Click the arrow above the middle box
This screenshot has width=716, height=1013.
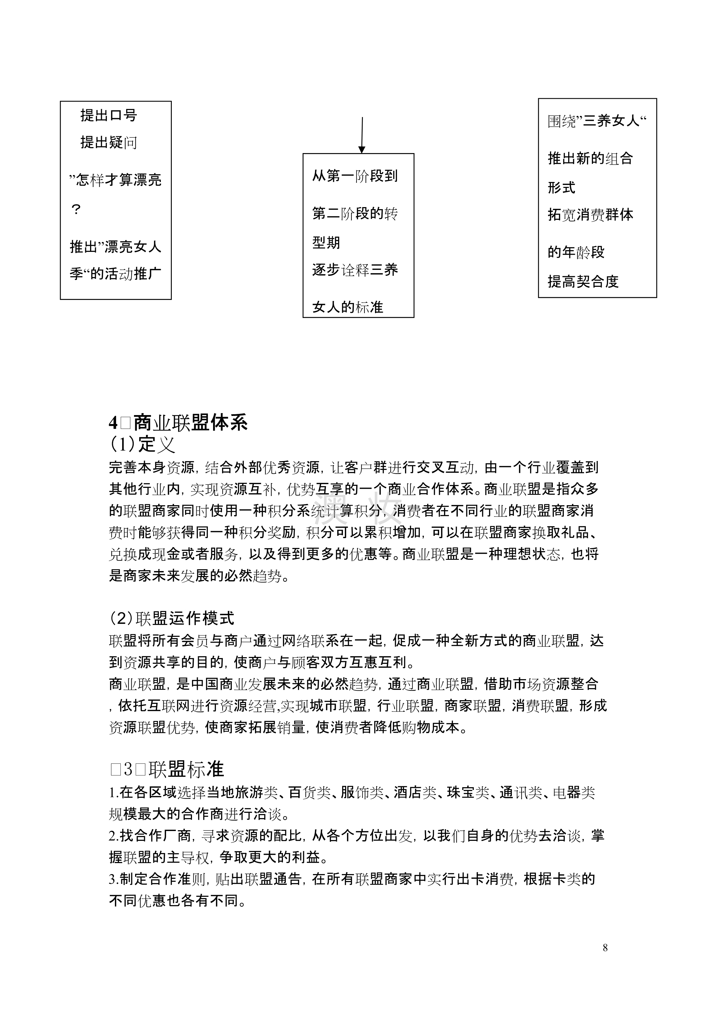pyautogui.click(x=361, y=135)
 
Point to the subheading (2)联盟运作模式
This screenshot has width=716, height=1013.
pyautogui.click(x=171, y=618)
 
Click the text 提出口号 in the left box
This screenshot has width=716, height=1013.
pyautogui.click(x=109, y=116)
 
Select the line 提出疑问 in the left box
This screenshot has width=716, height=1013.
pyautogui.click(x=109, y=142)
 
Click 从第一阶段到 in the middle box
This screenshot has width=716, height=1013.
pyautogui.click(x=355, y=176)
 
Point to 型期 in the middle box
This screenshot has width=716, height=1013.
pyautogui.click(x=326, y=242)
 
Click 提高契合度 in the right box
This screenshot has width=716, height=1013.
pyautogui.click(x=583, y=281)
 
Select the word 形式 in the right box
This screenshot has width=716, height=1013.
pyautogui.click(x=561, y=187)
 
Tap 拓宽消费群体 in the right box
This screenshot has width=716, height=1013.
pyautogui.click(x=590, y=215)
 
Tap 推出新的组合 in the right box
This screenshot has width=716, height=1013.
pyautogui.click(x=590, y=158)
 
